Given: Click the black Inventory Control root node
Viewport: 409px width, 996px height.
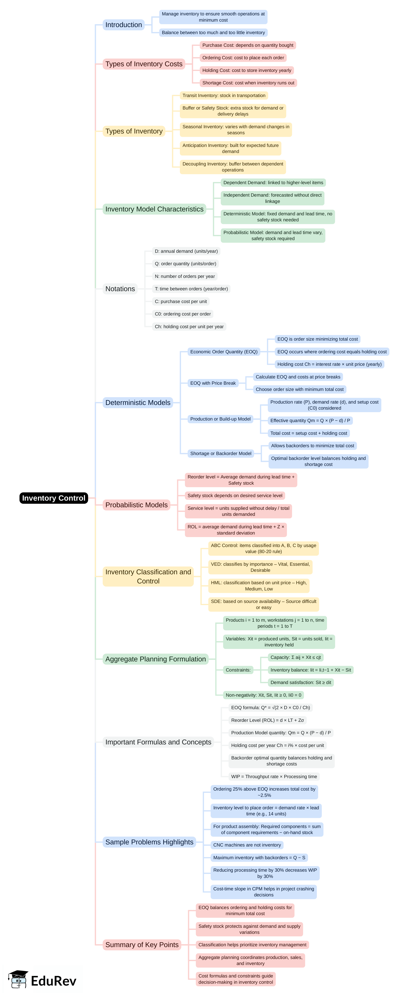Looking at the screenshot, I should (x=54, y=498).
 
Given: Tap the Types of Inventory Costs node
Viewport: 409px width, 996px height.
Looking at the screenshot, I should (x=144, y=64).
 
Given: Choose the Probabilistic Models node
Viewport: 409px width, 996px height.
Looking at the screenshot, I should (x=136, y=505).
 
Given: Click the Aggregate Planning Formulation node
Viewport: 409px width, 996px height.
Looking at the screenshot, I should (x=155, y=659).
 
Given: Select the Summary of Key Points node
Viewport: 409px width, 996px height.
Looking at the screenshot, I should (x=142, y=945).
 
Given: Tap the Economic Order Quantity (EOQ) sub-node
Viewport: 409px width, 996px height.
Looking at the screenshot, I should (x=224, y=352).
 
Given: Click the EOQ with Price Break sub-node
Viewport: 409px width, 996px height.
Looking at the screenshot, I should (x=213, y=383).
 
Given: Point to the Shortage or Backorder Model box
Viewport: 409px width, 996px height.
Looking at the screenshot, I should (x=221, y=453).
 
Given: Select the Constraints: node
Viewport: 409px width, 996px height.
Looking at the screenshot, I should (x=238, y=670).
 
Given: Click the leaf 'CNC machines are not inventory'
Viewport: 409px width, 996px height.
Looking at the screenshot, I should (x=247, y=845).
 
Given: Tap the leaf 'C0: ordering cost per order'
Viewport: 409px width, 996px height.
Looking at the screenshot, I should (x=183, y=314).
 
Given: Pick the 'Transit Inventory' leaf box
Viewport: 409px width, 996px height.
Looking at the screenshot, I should (x=224, y=95).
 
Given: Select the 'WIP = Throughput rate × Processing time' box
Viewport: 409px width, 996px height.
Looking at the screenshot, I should (x=274, y=777).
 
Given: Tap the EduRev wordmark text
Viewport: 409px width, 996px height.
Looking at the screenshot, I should (x=54, y=981).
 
